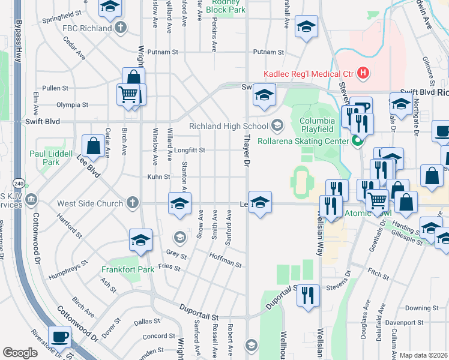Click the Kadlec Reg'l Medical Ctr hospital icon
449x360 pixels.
[x=363, y=74]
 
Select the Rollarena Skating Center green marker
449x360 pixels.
[x=358, y=142]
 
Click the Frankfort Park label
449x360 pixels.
[x=128, y=269]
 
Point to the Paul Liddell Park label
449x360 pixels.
[x=53, y=158]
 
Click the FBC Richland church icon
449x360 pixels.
[x=121, y=28]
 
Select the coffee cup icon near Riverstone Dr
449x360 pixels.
[x=60, y=338]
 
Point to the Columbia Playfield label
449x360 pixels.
[x=317, y=124]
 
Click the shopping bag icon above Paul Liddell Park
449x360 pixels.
[x=94, y=146]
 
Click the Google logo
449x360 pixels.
[x=20, y=353]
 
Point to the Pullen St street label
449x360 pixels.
[x=55, y=88]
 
